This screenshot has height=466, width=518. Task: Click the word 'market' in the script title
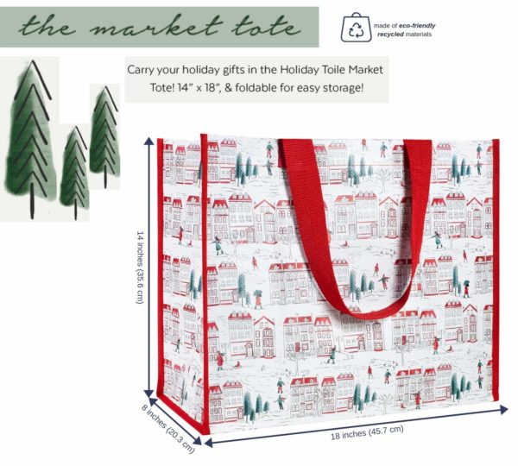click(x=155, y=26)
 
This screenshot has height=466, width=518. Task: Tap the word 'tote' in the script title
click(x=266, y=26)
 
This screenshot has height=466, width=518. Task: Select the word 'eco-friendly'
click(x=417, y=25)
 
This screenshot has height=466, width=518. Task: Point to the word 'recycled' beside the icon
click(x=390, y=34)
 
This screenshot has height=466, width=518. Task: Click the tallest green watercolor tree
click(x=30, y=139)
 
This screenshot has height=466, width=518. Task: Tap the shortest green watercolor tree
click(x=74, y=173)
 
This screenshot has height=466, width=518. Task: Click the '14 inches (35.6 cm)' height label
click(x=140, y=268)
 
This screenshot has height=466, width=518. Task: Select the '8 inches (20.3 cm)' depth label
click(x=167, y=428)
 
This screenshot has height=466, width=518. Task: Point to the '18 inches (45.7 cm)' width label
click(x=367, y=432)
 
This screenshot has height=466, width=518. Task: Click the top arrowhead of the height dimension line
click(x=149, y=141)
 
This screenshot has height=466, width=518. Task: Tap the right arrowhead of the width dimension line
click(x=503, y=410)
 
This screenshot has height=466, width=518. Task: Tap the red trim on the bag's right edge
click(x=496, y=270)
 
